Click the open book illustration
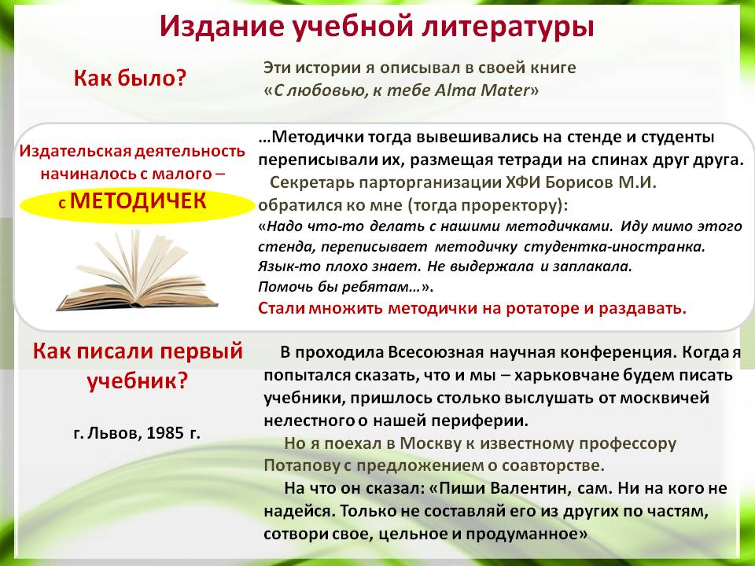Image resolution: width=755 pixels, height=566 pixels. (137, 272)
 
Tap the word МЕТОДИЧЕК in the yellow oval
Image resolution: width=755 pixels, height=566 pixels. (138, 201)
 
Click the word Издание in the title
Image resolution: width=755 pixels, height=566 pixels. (221, 27)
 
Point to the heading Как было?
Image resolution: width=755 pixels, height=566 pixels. (130, 78)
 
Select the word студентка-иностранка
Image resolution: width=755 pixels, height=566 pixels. (614, 246)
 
